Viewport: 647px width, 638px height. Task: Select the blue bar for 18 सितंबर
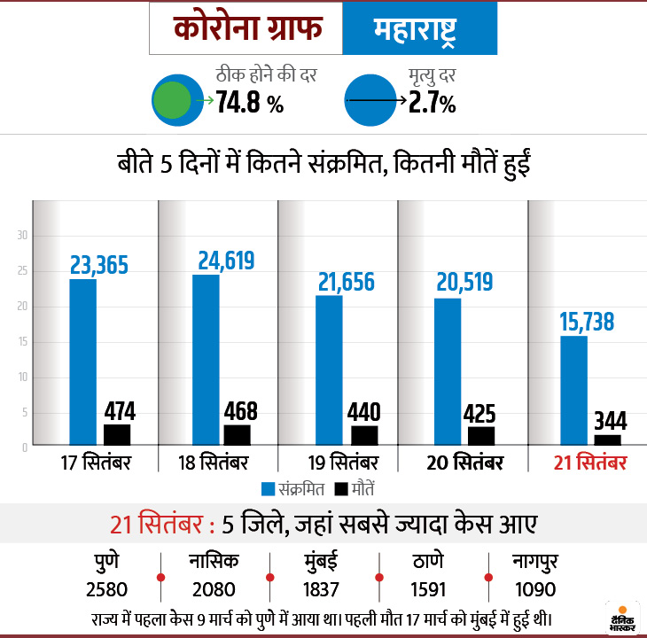[x=206, y=359]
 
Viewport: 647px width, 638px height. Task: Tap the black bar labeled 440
[x=364, y=435]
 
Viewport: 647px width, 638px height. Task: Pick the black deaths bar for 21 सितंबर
[x=607, y=440]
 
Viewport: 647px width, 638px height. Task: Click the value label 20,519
[x=464, y=282]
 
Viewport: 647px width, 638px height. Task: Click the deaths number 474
[x=118, y=411]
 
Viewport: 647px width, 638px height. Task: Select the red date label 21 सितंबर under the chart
[x=589, y=464]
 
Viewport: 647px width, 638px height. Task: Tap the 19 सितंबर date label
[x=341, y=464]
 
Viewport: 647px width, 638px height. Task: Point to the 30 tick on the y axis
[x=24, y=236]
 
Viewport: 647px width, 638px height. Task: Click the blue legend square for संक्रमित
[x=268, y=488]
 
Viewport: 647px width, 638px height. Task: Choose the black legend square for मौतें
[x=341, y=488]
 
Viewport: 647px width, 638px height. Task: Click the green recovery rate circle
[x=171, y=100]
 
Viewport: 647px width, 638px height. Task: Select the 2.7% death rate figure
[x=432, y=103]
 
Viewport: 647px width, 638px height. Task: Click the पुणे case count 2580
[x=105, y=589]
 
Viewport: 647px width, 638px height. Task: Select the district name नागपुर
[x=535, y=563]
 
